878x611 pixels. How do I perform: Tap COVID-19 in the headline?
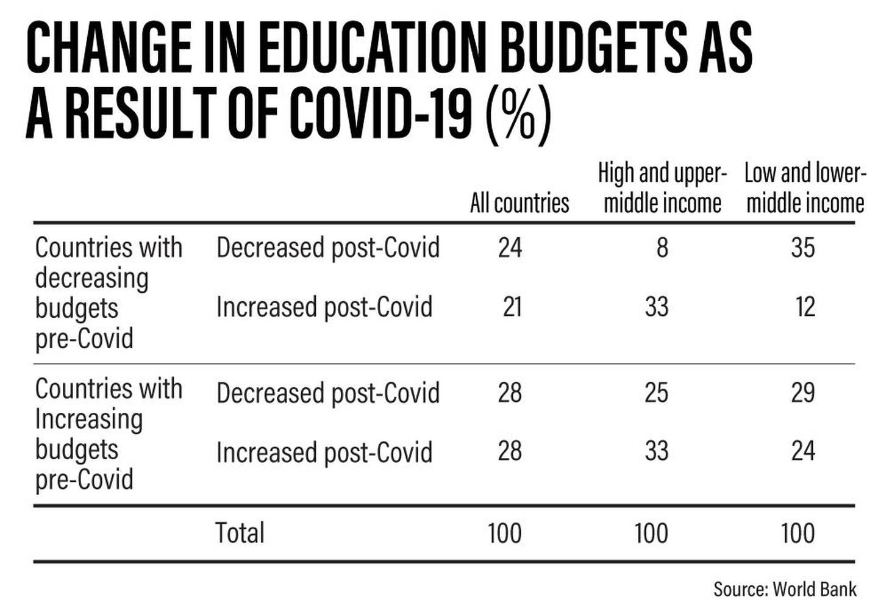pyautogui.click(x=380, y=113)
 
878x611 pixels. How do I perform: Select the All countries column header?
pyautogui.click(x=519, y=203)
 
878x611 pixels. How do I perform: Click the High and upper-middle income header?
pyautogui.click(x=662, y=188)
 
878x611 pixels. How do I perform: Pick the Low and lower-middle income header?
pyautogui.click(x=805, y=188)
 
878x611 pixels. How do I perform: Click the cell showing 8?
pyautogui.click(x=662, y=248)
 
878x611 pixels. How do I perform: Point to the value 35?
pyautogui.click(x=803, y=248)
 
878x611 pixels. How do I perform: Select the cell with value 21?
pyautogui.click(x=512, y=307)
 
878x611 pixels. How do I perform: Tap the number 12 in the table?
pyautogui.click(x=806, y=307)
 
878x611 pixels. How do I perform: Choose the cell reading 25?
pyautogui.click(x=657, y=392)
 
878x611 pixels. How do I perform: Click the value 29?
pyautogui.click(x=803, y=392)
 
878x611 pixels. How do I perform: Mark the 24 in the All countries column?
pyautogui.click(x=510, y=248)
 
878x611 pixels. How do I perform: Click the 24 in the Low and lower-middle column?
pyautogui.click(x=803, y=451)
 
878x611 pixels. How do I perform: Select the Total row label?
pyautogui.click(x=240, y=532)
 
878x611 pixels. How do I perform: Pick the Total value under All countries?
pyautogui.click(x=504, y=533)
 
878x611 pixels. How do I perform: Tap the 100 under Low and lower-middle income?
pyautogui.click(x=798, y=533)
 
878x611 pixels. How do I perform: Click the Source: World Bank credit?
pyautogui.click(x=785, y=589)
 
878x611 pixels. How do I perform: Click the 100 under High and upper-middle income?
pyautogui.click(x=651, y=533)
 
